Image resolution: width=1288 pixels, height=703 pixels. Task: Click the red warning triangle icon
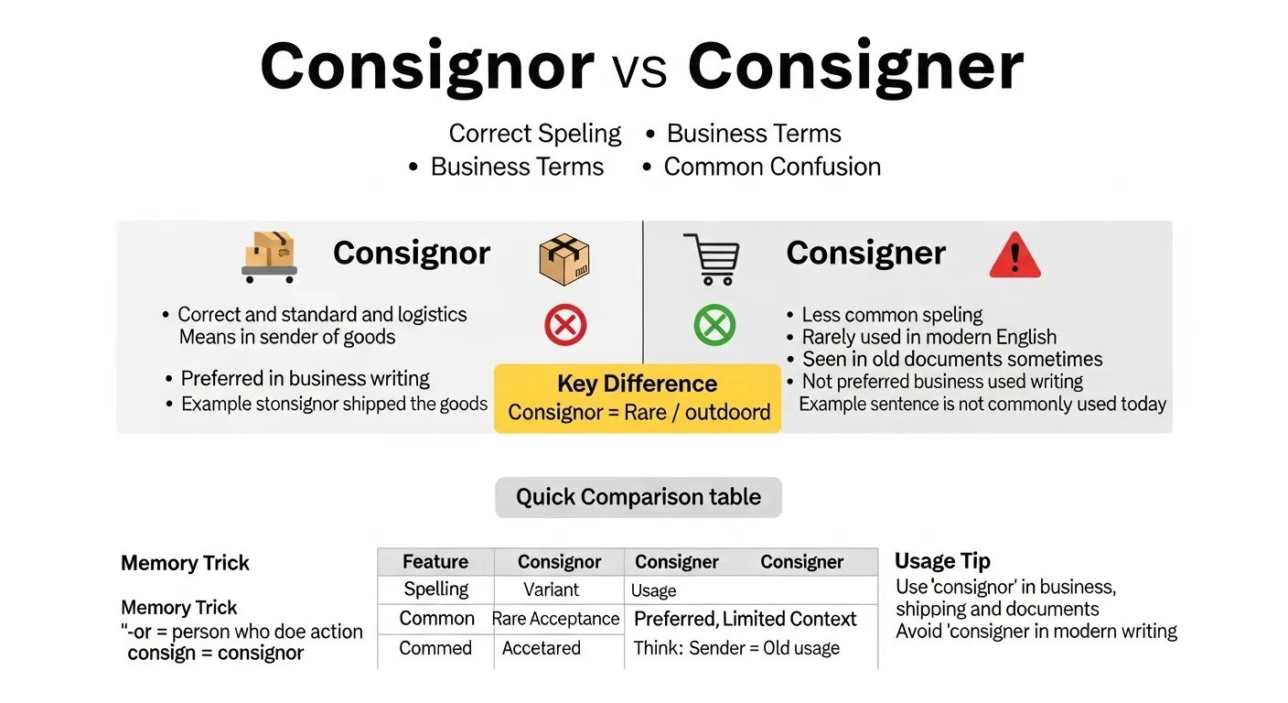click(1014, 255)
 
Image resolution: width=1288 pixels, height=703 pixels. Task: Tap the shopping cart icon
click(711, 258)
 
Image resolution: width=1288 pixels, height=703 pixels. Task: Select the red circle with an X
click(565, 325)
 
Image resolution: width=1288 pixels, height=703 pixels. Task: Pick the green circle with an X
click(714, 325)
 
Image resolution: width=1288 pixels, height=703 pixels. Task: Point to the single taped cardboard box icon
click(564, 259)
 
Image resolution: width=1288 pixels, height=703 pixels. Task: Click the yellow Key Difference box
click(638, 398)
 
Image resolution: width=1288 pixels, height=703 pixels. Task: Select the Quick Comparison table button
click(638, 497)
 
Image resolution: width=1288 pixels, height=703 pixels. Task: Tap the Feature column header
click(435, 562)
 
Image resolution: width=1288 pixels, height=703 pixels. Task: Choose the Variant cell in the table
click(551, 589)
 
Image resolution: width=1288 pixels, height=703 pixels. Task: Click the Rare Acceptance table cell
click(555, 619)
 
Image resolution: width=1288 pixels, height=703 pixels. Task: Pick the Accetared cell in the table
click(541, 648)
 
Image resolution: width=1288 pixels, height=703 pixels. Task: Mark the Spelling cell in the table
click(436, 589)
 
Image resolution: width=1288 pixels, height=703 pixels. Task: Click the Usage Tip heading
click(942, 561)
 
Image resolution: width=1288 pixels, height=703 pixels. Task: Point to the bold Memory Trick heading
click(185, 563)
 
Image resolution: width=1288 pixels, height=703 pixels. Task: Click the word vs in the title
click(640, 69)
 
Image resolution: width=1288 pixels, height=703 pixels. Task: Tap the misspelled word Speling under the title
click(579, 134)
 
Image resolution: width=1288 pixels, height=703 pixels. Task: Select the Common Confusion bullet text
click(772, 167)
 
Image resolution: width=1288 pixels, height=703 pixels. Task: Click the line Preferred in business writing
click(305, 378)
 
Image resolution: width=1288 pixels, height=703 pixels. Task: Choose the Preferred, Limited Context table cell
click(745, 619)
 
